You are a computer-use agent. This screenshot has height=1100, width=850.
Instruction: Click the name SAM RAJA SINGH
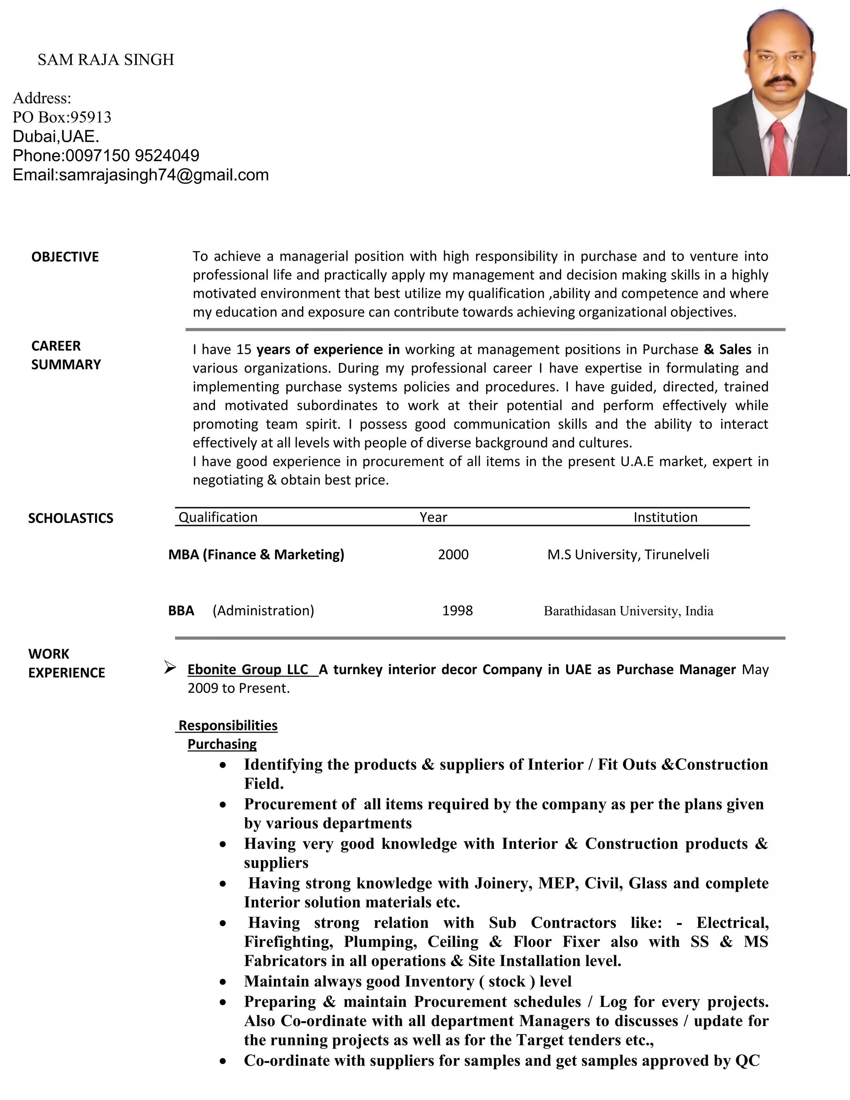coord(106,60)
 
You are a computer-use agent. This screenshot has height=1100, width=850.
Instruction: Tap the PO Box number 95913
coord(90,117)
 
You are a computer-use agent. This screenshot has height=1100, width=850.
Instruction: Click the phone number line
coord(106,156)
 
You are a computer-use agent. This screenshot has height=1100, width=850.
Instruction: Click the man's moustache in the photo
coord(781,81)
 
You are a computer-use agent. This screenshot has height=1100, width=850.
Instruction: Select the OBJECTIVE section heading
coord(65,257)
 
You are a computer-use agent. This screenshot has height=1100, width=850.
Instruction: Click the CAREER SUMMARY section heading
coord(66,355)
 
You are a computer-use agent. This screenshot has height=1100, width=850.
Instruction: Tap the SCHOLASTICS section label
coord(71,518)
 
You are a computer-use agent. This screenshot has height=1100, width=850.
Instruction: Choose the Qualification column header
coord(218,517)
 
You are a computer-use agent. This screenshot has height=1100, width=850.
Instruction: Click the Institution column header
coord(665,517)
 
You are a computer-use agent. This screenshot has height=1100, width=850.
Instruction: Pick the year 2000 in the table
coord(453,555)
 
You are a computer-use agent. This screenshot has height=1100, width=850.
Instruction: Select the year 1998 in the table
coord(457,611)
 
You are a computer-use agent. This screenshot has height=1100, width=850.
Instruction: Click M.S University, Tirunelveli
coord(628,555)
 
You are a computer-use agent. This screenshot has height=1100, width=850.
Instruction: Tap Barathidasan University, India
coord(628,611)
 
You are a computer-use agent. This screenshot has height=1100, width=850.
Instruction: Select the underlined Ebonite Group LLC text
coord(248,670)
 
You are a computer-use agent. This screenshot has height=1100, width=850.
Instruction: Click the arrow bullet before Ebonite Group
coord(170,668)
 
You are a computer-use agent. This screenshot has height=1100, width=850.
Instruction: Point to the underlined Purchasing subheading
coord(222,744)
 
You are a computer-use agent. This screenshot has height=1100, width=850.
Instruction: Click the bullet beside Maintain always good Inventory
coord(223,982)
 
